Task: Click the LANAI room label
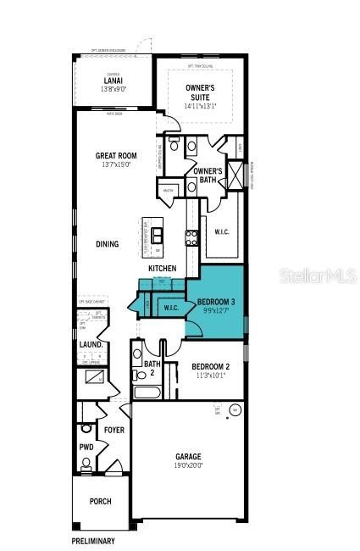[x=114, y=81]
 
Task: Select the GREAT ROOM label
[x=115, y=156]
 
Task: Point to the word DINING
[x=107, y=244]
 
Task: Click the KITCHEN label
[x=163, y=269]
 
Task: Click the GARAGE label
[x=188, y=456]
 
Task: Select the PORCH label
[x=100, y=501]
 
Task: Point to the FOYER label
[x=114, y=430]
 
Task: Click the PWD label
[x=86, y=447]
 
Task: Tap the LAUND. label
[x=90, y=345]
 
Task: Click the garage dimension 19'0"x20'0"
[x=188, y=465]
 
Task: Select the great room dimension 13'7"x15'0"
[x=115, y=165]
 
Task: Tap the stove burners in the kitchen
[x=192, y=237]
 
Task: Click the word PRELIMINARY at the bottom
[x=92, y=540]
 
